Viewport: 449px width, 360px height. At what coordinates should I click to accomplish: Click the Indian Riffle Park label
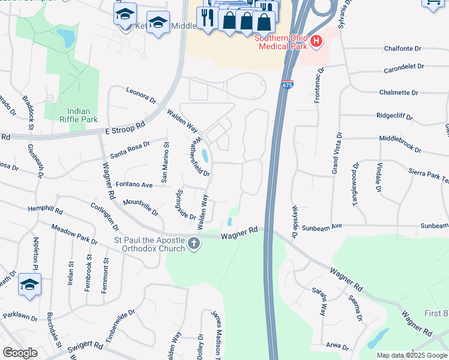tap(82, 115)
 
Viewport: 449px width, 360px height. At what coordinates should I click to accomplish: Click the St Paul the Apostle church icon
tap(193, 243)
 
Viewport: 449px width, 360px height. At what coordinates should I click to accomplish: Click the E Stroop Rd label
tap(125, 127)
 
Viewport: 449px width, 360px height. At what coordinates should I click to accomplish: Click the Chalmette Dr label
tap(399, 92)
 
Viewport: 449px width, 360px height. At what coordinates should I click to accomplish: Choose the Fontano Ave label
tap(134, 185)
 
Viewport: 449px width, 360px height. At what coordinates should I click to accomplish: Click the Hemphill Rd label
tap(45, 211)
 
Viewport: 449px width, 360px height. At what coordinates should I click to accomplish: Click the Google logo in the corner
tap(19, 353)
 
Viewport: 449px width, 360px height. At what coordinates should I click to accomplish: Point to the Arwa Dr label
tap(338, 346)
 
